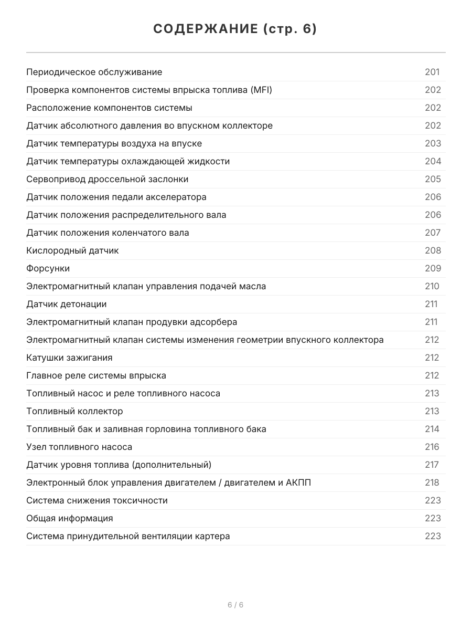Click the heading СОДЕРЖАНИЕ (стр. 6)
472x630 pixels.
235,29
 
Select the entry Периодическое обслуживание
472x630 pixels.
94,72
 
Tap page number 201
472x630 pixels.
432,72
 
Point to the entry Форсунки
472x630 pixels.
48,268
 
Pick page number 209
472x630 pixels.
433,268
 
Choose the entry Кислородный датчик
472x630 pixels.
72,250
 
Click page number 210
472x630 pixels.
432,286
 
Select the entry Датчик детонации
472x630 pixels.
67,304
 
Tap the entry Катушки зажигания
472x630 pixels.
69,358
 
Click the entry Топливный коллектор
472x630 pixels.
74,411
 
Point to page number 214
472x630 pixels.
432,429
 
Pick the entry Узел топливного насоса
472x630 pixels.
79,447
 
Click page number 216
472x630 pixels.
432,447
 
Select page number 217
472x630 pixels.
432,465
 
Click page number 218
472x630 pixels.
432,482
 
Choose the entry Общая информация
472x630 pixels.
70,518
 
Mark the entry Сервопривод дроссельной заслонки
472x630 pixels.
108,179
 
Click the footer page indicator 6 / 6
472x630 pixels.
235,605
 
